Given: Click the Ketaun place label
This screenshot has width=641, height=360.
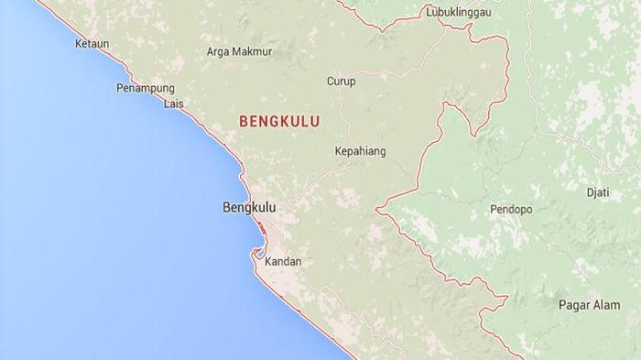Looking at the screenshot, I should [x=92, y=42].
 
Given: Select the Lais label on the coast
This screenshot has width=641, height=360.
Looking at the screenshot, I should [x=173, y=104].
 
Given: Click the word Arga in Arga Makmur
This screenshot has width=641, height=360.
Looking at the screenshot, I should [x=220, y=52].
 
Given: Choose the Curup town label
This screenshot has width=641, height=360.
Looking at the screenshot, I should [x=341, y=82].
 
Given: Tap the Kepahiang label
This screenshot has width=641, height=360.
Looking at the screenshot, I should [x=360, y=151].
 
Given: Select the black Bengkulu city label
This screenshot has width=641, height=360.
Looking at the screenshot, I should [x=249, y=208].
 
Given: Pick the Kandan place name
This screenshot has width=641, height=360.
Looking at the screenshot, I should [x=282, y=262].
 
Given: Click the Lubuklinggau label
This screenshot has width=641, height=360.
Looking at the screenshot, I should [x=460, y=13].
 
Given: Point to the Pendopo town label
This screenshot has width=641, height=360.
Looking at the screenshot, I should [x=511, y=210].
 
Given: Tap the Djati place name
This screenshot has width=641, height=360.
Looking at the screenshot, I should [x=597, y=192].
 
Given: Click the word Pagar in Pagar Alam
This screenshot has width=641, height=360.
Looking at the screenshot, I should [x=573, y=305].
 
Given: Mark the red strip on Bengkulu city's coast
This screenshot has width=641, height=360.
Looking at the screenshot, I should [x=263, y=229].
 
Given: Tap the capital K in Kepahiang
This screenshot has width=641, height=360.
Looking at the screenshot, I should [x=338, y=151].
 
